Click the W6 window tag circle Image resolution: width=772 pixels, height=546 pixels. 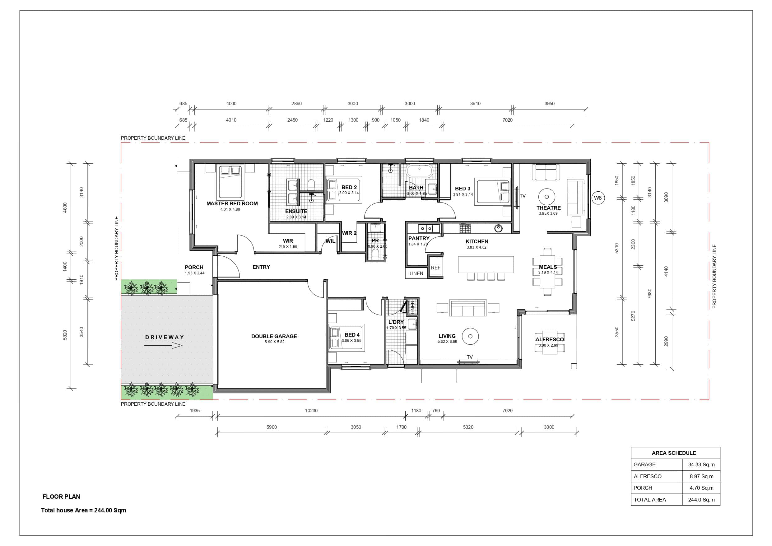pos(598,198)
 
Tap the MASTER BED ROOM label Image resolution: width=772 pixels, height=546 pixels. pos(232,203)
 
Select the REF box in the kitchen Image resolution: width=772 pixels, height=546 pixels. pos(435,268)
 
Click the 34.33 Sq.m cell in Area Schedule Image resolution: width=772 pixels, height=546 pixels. pos(701,464)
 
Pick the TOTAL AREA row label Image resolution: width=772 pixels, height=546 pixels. pos(650,500)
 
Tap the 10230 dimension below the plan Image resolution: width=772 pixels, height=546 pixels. pos(311,410)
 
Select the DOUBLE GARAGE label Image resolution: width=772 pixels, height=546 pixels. pos(274,336)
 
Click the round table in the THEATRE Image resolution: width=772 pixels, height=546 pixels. pos(547,197)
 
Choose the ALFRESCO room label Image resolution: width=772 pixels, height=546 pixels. pos(549,339)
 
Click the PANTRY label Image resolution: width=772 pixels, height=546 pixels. pos(419,238)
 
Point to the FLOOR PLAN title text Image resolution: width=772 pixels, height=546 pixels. pos(61,497)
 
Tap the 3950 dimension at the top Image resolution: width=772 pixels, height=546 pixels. pos(549,104)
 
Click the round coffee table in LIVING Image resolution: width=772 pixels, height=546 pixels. pos(470,336)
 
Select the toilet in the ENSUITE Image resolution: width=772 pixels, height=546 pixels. pos(311,184)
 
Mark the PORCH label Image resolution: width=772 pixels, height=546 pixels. pos(194,268)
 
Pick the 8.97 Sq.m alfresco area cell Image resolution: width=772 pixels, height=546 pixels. pos(701,476)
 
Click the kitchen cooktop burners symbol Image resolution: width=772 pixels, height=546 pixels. pos(465,229)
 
